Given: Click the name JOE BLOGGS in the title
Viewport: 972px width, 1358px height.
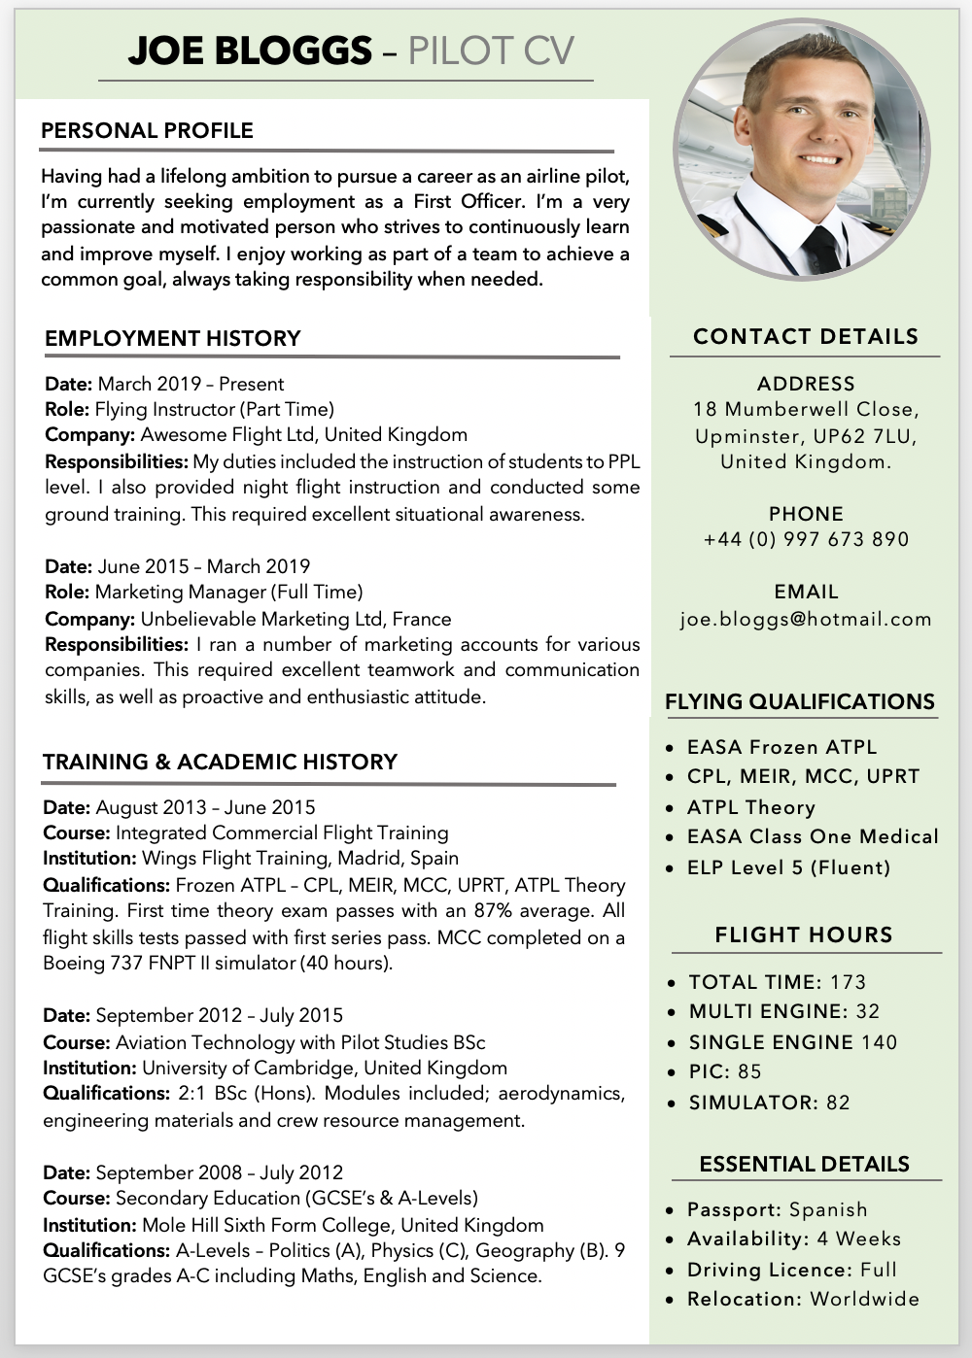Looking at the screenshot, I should (249, 51).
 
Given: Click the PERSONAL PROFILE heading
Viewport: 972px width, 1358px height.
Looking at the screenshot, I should (147, 131).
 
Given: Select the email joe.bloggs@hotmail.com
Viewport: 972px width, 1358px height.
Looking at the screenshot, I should (806, 619).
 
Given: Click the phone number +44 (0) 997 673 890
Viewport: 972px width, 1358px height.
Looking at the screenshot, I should (806, 539).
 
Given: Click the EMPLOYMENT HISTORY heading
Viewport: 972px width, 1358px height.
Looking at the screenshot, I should (173, 338).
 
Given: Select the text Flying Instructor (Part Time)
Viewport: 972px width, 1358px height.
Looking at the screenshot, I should (214, 409).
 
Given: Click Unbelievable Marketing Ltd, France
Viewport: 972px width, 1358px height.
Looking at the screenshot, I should (295, 619).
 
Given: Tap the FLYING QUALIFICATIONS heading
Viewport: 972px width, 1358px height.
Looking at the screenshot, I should (800, 701).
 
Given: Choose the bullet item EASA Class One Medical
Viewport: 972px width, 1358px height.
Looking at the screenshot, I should (813, 836).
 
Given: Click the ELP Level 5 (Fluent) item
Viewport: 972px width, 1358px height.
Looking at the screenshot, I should (788, 867).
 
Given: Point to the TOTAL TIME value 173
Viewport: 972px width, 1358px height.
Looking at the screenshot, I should (848, 982).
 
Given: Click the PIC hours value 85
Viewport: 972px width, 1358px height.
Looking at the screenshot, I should (749, 1071).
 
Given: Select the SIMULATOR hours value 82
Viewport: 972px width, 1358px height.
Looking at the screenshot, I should (838, 1103).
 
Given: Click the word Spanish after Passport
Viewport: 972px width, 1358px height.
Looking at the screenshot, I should (828, 1209).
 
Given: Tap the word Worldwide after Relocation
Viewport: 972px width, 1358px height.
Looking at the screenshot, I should (864, 1299).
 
